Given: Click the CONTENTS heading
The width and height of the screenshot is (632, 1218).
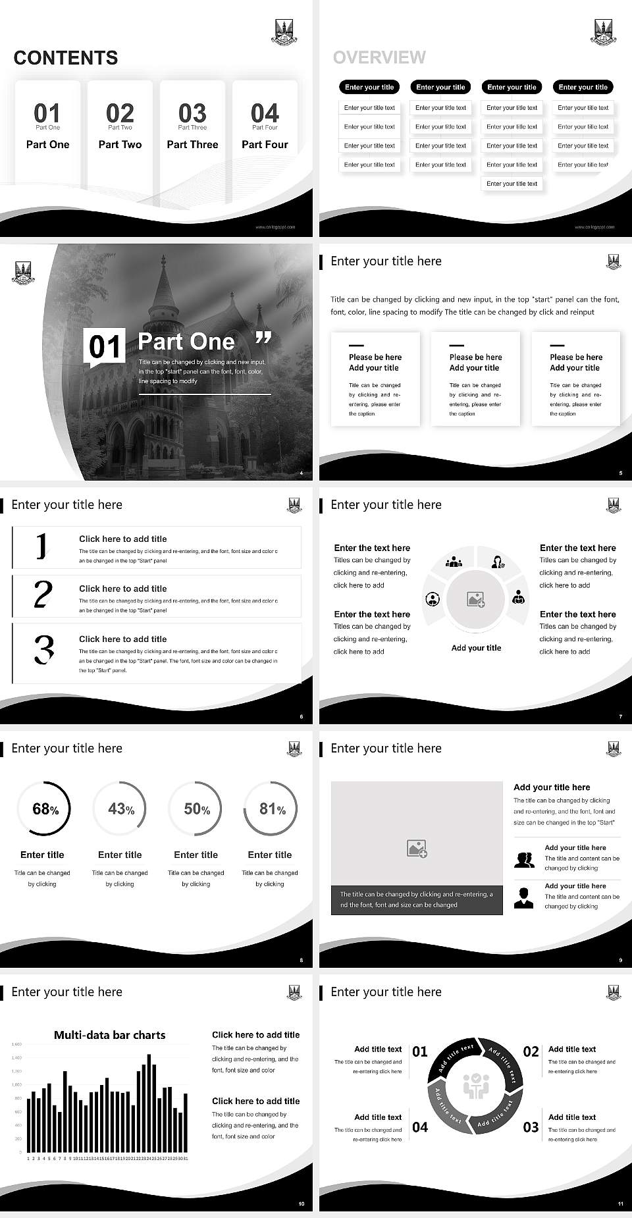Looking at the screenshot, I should (x=66, y=58).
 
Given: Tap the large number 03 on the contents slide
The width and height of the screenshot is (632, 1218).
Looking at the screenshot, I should (x=192, y=113).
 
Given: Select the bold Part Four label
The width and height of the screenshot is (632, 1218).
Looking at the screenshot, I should (x=265, y=144).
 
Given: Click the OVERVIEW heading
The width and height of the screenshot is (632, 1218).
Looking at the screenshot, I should (x=379, y=58).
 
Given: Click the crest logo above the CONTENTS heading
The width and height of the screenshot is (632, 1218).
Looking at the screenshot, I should (x=284, y=31).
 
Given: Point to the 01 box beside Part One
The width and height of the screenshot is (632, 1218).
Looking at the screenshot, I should (x=105, y=346).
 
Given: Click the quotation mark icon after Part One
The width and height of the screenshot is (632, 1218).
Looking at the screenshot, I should (x=263, y=338).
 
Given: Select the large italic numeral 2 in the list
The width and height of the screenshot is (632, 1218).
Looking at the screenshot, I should (x=43, y=595).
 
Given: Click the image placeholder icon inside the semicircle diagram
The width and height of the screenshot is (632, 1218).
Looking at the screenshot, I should (x=476, y=599).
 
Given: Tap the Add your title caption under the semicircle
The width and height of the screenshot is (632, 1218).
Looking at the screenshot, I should (x=476, y=648).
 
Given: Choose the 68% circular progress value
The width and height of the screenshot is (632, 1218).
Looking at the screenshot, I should (x=45, y=809).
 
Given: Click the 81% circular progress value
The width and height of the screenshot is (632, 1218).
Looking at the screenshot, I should (x=272, y=808).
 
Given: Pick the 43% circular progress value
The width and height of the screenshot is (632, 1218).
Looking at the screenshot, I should (x=120, y=808).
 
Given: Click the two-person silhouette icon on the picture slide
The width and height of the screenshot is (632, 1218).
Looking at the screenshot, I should (x=524, y=860).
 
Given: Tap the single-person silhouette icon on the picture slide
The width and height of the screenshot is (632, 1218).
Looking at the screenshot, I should (x=523, y=898).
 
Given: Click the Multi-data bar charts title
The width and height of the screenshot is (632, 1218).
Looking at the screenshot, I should (x=109, y=1035).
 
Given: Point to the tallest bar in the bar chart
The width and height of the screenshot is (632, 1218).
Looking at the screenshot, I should (x=149, y=1103).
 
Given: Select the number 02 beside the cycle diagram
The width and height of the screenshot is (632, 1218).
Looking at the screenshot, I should (x=531, y=1051).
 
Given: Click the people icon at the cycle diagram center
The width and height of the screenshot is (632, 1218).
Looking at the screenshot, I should (x=475, y=1086).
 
